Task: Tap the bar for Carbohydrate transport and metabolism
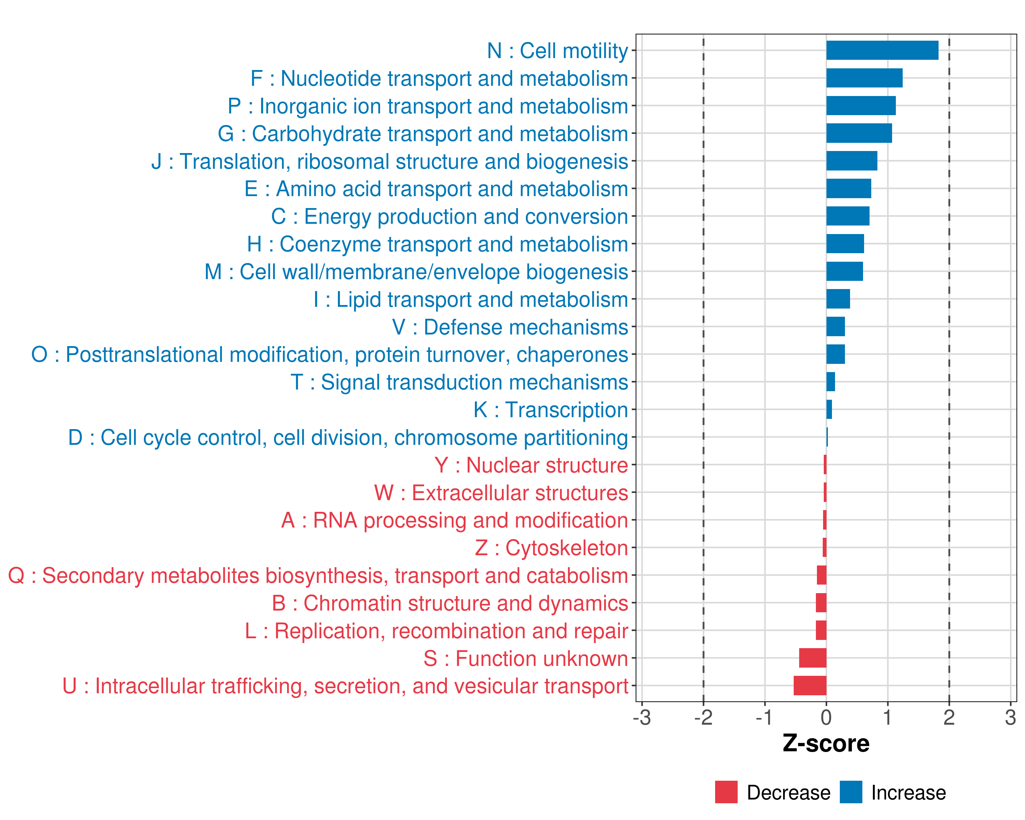pyautogui.click(x=859, y=133)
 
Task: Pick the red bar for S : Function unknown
pyautogui.click(x=812, y=658)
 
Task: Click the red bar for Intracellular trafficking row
pyautogui.click(x=810, y=685)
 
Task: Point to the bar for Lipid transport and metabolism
pyautogui.click(x=838, y=299)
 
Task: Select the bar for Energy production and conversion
pyautogui.click(x=848, y=216)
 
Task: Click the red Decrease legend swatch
pyautogui.click(x=726, y=792)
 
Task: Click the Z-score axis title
pyautogui.click(x=826, y=743)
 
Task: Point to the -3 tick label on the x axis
pyautogui.click(x=642, y=717)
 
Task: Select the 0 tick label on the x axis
pyautogui.click(x=826, y=717)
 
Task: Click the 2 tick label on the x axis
pyautogui.click(x=949, y=717)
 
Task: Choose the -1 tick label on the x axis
pyautogui.click(x=764, y=717)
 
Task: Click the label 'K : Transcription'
pyautogui.click(x=550, y=410)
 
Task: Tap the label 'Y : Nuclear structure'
pyautogui.click(x=531, y=465)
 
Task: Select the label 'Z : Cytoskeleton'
pyautogui.click(x=551, y=548)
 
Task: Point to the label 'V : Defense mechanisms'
pyautogui.click(x=510, y=327)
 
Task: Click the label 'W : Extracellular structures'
pyautogui.click(x=501, y=492)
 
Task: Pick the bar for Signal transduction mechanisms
pyautogui.click(x=831, y=382)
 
